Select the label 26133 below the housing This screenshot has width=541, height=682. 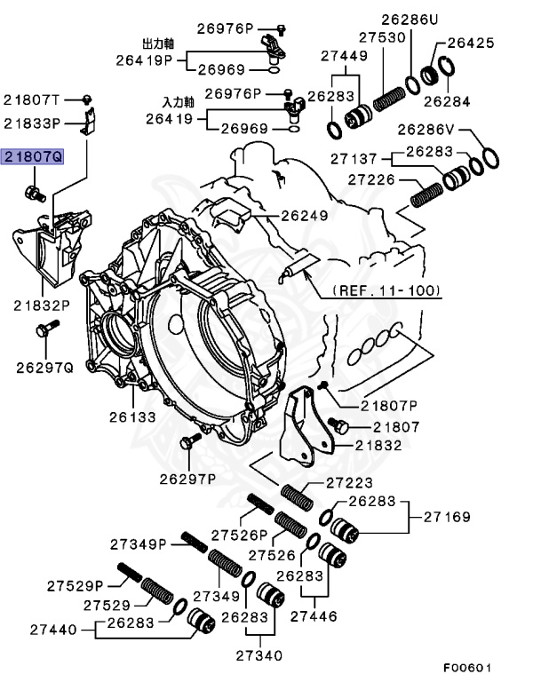pos(132,416)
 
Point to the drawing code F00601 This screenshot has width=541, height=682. pos(467,667)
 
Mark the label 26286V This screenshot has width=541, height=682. pos(426,130)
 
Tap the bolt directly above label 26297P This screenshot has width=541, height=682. pos(187,441)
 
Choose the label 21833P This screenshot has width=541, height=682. pos(32,123)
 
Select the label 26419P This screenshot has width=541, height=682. pos(143,60)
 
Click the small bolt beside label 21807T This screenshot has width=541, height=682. pos(88,98)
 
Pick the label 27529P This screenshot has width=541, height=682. pos(76,584)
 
